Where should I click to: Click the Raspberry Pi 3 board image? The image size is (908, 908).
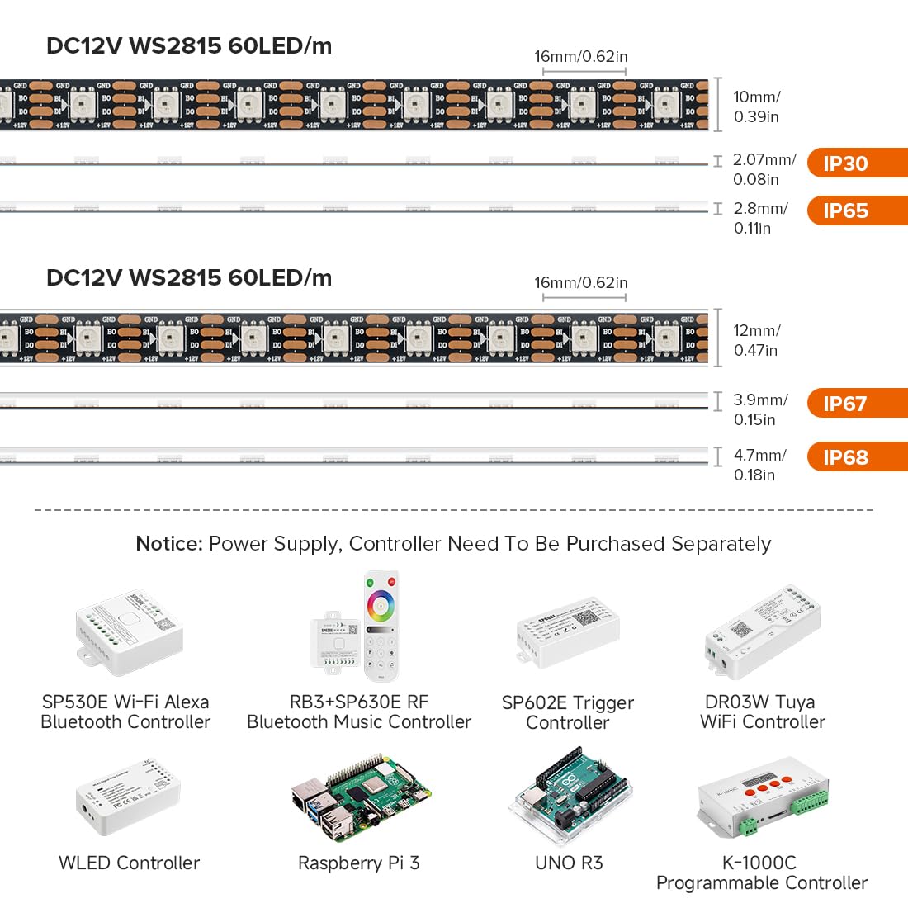pos(360,797)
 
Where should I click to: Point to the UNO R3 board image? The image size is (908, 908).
pos(570,796)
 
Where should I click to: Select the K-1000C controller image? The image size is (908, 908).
pos(761,801)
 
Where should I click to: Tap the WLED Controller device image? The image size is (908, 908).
pos(128,797)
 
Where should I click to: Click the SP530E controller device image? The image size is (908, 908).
pos(130,630)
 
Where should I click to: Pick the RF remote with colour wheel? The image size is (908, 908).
pos(381,624)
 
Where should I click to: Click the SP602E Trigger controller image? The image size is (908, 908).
pos(568,631)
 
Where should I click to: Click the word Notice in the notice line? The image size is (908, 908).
pos(168,544)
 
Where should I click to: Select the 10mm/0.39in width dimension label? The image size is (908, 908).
pos(756,106)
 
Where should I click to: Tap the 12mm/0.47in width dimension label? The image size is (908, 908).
pos(756,340)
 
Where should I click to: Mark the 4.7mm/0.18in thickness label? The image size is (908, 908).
pos(759,465)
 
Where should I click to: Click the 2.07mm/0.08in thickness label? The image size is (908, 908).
pos(764,169)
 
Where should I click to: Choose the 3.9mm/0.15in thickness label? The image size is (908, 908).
pos(759,409)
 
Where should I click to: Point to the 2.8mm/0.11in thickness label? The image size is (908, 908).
pos(759,218)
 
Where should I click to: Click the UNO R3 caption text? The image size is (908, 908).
pos(569,863)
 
